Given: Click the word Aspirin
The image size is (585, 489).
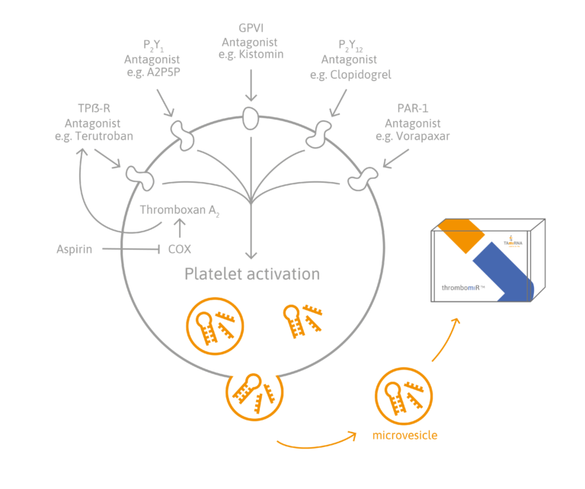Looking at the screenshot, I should pyautogui.click(x=75, y=249).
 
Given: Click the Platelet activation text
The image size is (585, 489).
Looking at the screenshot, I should pyautogui.click(x=252, y=273).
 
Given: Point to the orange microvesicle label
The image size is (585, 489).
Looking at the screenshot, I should pyautogui.click(x=405, y=435).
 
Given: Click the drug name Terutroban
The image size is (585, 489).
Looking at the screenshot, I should pyautogui.click(x=99, y=136).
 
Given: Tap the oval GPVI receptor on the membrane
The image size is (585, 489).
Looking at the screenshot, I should pyautogui.click(x=251, y=117).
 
